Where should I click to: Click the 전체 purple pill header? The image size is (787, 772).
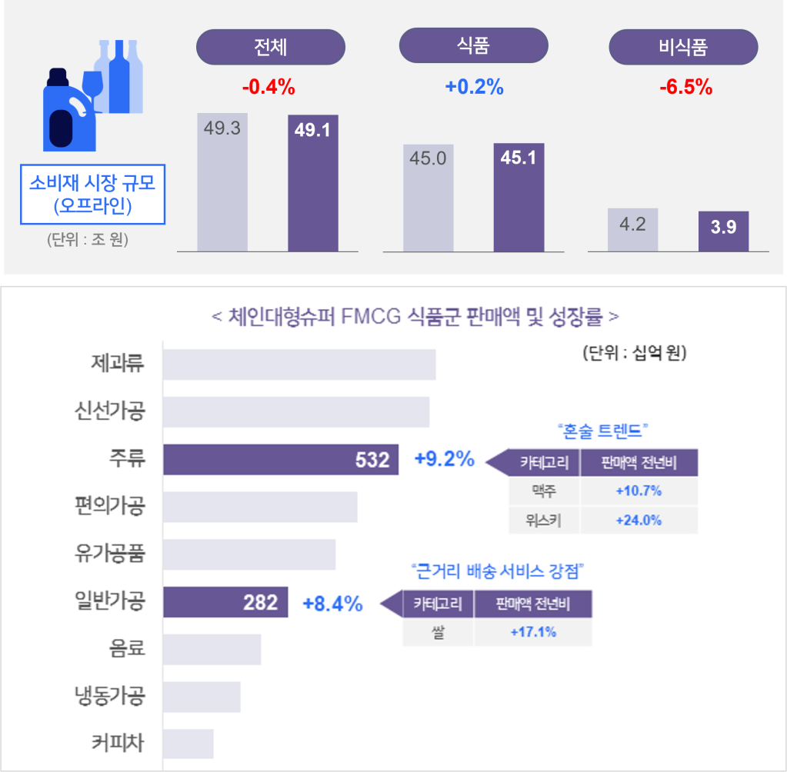[270, 47]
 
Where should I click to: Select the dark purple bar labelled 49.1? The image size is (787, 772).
[313, 183]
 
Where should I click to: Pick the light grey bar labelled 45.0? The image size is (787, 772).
[429, 198]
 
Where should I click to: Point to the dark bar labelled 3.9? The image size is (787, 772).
[723, 231]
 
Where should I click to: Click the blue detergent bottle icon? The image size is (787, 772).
[68, 112]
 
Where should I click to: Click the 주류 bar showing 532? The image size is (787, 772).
[281, 460]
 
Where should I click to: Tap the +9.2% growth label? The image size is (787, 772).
[444, 459]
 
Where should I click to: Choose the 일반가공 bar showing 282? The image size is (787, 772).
[225, 603]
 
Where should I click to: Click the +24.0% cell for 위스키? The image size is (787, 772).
[639, 520]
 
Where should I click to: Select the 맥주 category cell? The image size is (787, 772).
[544, 491]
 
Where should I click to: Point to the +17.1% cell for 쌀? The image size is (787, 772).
[533, 632]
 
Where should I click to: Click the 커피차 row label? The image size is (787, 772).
[117, 744]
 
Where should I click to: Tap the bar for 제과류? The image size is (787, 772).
[299, 364]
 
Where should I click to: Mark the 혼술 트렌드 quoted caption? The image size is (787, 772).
[602, 430]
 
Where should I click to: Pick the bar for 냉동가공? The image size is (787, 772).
[202, 697]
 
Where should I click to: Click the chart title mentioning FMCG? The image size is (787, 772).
[415, 317]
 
